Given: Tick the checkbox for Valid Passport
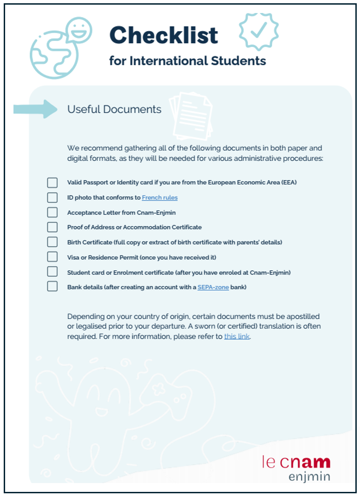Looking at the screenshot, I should click(52, 183).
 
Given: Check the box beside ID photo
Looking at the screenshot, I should click(52, 197).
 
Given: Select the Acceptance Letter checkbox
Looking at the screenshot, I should click(52, 212).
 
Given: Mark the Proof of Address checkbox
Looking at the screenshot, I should click(52, 227).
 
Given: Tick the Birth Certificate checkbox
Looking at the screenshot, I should click(52, 242).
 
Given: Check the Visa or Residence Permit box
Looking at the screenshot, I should click(52, 257).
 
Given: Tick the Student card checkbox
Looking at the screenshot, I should click(52, 272).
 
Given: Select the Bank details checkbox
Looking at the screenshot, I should click(52, 287).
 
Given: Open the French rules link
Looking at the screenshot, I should click(160, 197).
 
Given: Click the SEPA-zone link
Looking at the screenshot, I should click(213, 287).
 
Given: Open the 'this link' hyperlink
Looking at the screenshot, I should click(237, 336).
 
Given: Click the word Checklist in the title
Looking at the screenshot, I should click(164, 35).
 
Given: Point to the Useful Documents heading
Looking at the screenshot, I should click(114, 110).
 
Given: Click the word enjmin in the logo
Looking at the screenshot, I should click(309, 477).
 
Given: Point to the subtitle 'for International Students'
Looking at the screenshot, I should click(188, 61).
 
